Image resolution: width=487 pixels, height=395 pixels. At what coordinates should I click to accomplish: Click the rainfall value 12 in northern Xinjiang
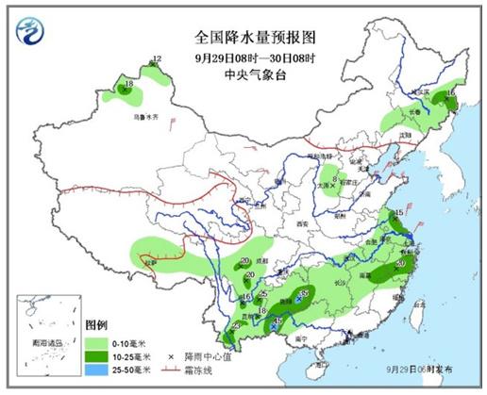tap(158, 59)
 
